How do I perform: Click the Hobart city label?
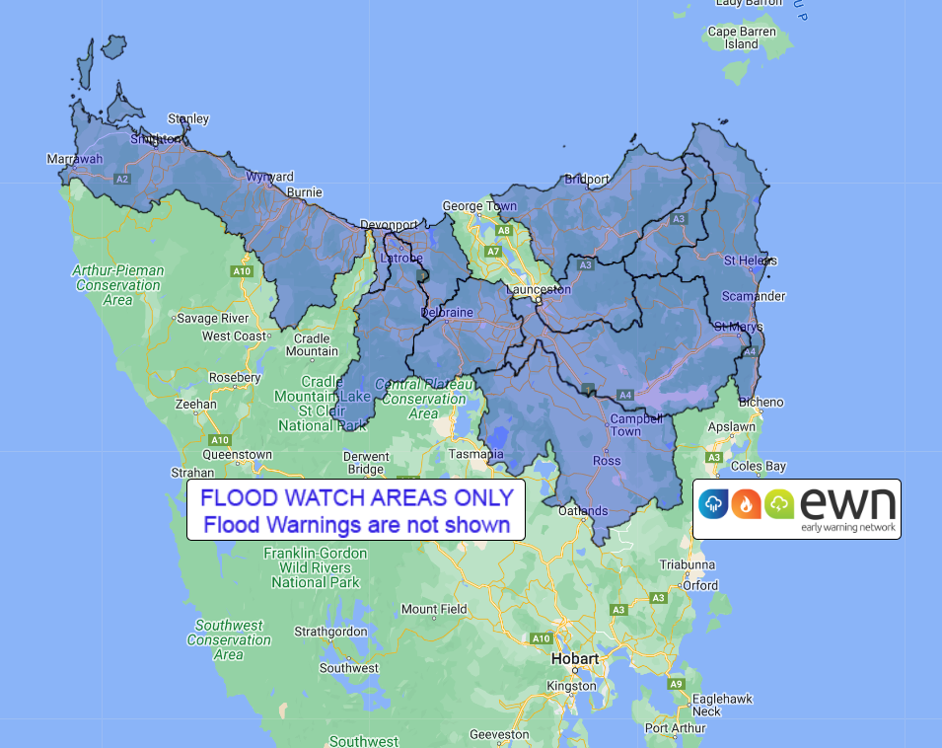point(576,658)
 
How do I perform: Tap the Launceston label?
point(538,290)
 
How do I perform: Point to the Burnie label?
point(304,192)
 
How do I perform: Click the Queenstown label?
point(237,455)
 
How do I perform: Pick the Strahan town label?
point(192,473)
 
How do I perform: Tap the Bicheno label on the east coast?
point(761,402)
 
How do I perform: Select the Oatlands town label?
point(583,510)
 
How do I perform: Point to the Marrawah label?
point(75,159)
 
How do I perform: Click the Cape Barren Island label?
point(742,37)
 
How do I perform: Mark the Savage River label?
point(212,319)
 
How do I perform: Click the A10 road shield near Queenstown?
point(220,439)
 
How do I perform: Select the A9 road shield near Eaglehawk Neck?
point(676,684)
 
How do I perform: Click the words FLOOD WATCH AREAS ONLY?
point(356,497)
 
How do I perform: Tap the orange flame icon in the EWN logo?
point(746,504)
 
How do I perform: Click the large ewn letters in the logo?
point(848,502)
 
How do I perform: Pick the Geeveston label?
point(500,734)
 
